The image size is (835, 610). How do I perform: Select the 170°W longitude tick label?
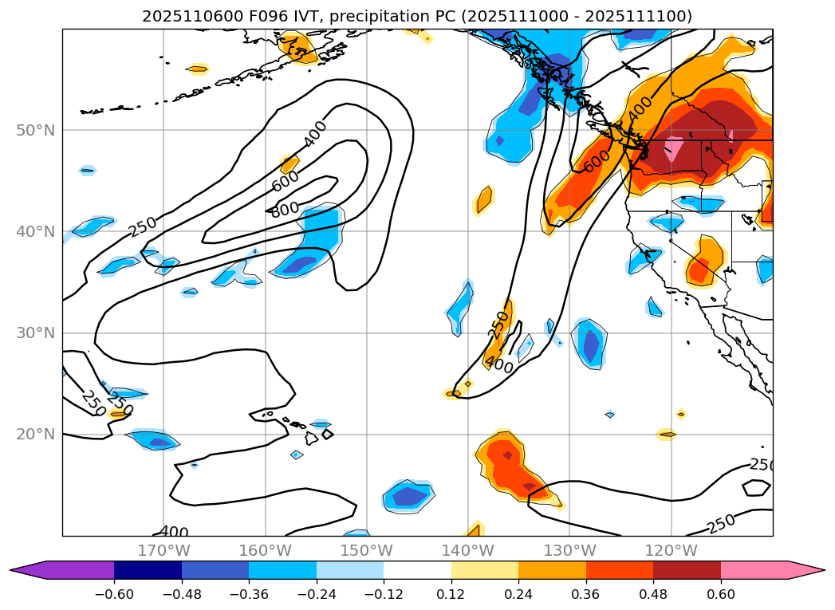pyautogui.click(x=163, y=550)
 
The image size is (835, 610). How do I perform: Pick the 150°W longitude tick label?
pyautogui.click(x=366, y=550)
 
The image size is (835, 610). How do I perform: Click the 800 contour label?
pyautogui.click(x=285, y=210)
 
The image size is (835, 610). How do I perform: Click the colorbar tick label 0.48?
pyautogui.click(x=653, y=594)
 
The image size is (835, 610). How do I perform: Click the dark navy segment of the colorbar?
pyautogui.click(x=148, y=569)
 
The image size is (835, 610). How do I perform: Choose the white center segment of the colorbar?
pyautogui.click(x=417, y=569)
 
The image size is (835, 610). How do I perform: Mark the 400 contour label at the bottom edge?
pyautogui.click(x=174, y=532)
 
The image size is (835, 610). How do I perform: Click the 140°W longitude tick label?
pyautogui.click(x=467, y=550)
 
